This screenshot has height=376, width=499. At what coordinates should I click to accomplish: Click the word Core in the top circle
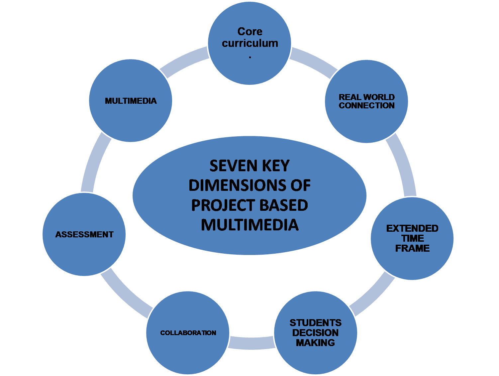(250, 32)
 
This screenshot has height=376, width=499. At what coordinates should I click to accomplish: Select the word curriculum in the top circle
(250, 43)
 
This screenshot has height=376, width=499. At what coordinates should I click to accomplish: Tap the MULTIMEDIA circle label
(131, 101)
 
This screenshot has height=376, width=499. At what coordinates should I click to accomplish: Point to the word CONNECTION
(366, 105)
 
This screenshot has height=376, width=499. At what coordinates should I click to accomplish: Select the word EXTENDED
(412, 228)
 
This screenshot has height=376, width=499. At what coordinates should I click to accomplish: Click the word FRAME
(412, 248)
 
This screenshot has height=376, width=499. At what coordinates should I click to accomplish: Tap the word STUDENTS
(315, 323)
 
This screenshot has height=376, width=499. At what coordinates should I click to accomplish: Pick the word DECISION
(315, 333)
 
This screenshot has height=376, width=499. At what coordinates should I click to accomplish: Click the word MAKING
(315, 343)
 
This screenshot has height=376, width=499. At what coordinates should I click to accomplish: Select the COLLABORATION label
(188, 333)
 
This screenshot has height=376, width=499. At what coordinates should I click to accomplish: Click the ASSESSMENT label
(84, 234)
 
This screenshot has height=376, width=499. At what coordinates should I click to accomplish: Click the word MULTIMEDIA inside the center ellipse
(250, 225)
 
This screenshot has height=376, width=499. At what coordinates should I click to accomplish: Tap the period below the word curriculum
(250, 57)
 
